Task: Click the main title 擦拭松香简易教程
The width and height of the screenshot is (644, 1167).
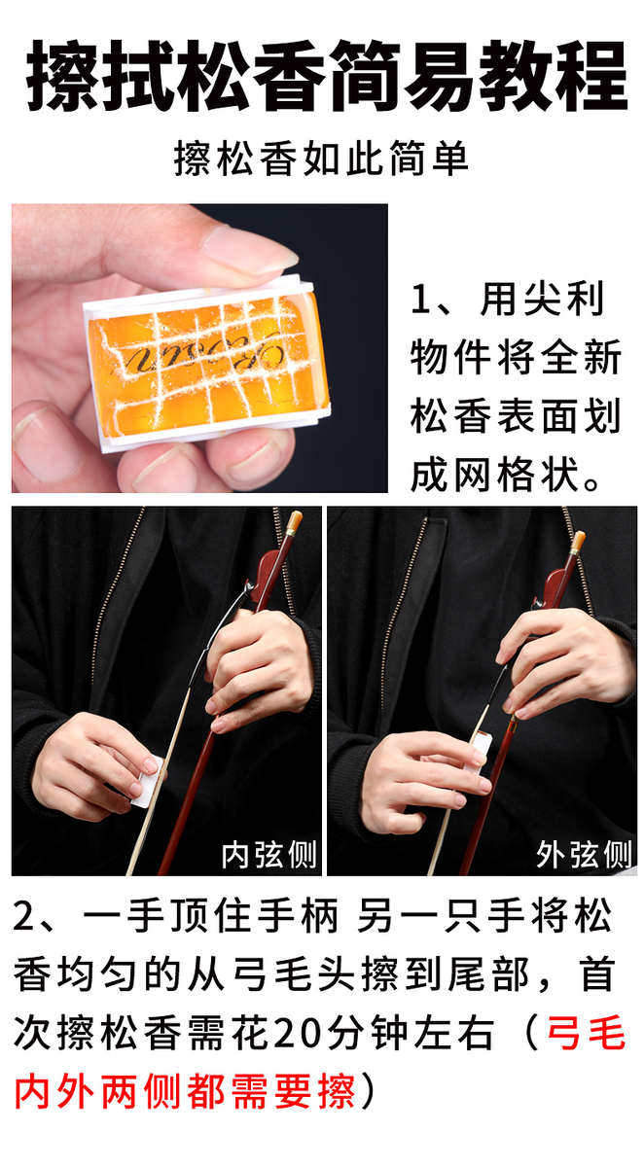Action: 327,77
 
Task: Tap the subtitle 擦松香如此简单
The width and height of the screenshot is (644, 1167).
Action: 321,159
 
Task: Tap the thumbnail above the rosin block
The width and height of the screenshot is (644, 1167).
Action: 250,250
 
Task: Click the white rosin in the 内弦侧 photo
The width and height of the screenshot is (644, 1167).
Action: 148,782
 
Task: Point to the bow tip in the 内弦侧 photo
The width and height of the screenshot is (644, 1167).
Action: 295,518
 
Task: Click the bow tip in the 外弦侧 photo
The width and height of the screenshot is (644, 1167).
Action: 579,539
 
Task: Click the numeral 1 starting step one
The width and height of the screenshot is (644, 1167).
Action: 420,300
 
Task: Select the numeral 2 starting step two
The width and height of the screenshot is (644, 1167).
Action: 24,917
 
